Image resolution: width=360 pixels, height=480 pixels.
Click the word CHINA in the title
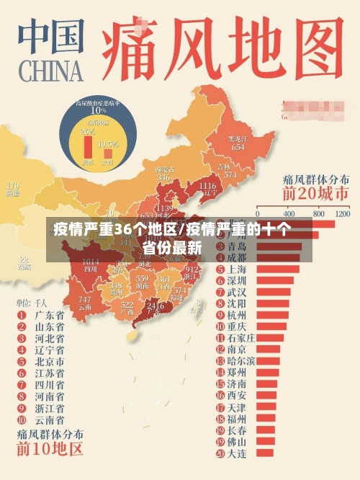pos(51,71)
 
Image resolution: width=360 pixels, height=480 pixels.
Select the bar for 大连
pos(262,453)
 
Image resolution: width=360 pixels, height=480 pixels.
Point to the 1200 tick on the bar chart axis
pos(343,214)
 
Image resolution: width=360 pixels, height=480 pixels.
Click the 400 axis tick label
pos(289,214)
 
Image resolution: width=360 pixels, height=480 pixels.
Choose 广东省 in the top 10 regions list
pos(49,315)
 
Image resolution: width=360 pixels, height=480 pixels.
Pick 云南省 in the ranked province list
pos(49,419)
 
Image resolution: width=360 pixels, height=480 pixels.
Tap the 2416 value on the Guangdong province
pos(155,306)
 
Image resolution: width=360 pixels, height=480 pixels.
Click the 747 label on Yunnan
pos(85,300)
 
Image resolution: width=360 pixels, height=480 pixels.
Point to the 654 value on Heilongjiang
pos(238,146)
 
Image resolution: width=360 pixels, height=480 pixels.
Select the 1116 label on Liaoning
pos(207,186)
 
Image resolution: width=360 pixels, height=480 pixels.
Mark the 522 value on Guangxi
pos(127,306)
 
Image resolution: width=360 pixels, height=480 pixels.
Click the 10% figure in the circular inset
pos(98,110)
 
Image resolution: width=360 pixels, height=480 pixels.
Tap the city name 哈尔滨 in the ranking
pos(240,360)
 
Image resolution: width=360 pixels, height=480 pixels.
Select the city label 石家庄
pos(240,337)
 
